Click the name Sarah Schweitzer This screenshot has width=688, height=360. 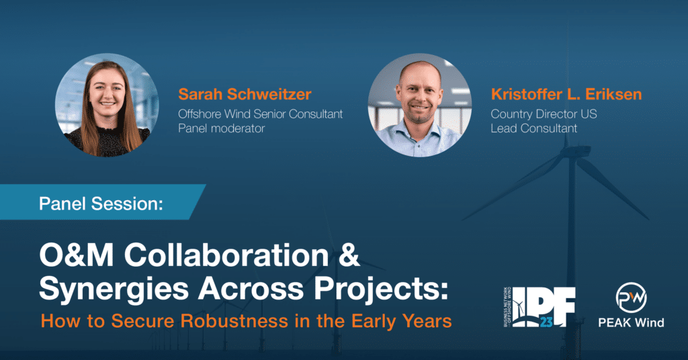pyautogui.click(x=245, y=94)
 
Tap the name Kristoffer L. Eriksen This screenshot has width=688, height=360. pyautogui.click(x=566, y=94)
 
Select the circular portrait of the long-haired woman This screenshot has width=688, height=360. pyautogui.click(x=107, y=105)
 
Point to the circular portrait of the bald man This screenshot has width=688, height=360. pyautogui.click(x=420, y=105)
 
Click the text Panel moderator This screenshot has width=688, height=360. pyautogui.click(x=222, y=128)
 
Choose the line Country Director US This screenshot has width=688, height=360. pyautogui.click(x=544, y=114)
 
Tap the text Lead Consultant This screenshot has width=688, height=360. pyautogui.click(x=534, y=128)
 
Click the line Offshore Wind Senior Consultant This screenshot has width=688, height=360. pyautogui.click(x=260, y=114)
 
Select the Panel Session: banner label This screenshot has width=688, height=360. pyautogui.click(x=101, y=204)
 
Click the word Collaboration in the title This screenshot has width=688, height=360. pyautogui.click(x=226, y=255)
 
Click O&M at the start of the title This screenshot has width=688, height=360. pyautogui.click(x=77, y=255)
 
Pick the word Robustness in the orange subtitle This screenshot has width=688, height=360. pyautogui.click(x=234, y=321)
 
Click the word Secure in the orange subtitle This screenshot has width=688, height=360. pyautogui.click(x=142, y=321)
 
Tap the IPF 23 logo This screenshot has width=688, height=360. pyautogui.click(x=540, y=307)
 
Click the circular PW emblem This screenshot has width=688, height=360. pyautogui.click(x=631, y=298)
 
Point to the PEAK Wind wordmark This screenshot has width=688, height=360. pyautogui.click(x=631, y=323)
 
